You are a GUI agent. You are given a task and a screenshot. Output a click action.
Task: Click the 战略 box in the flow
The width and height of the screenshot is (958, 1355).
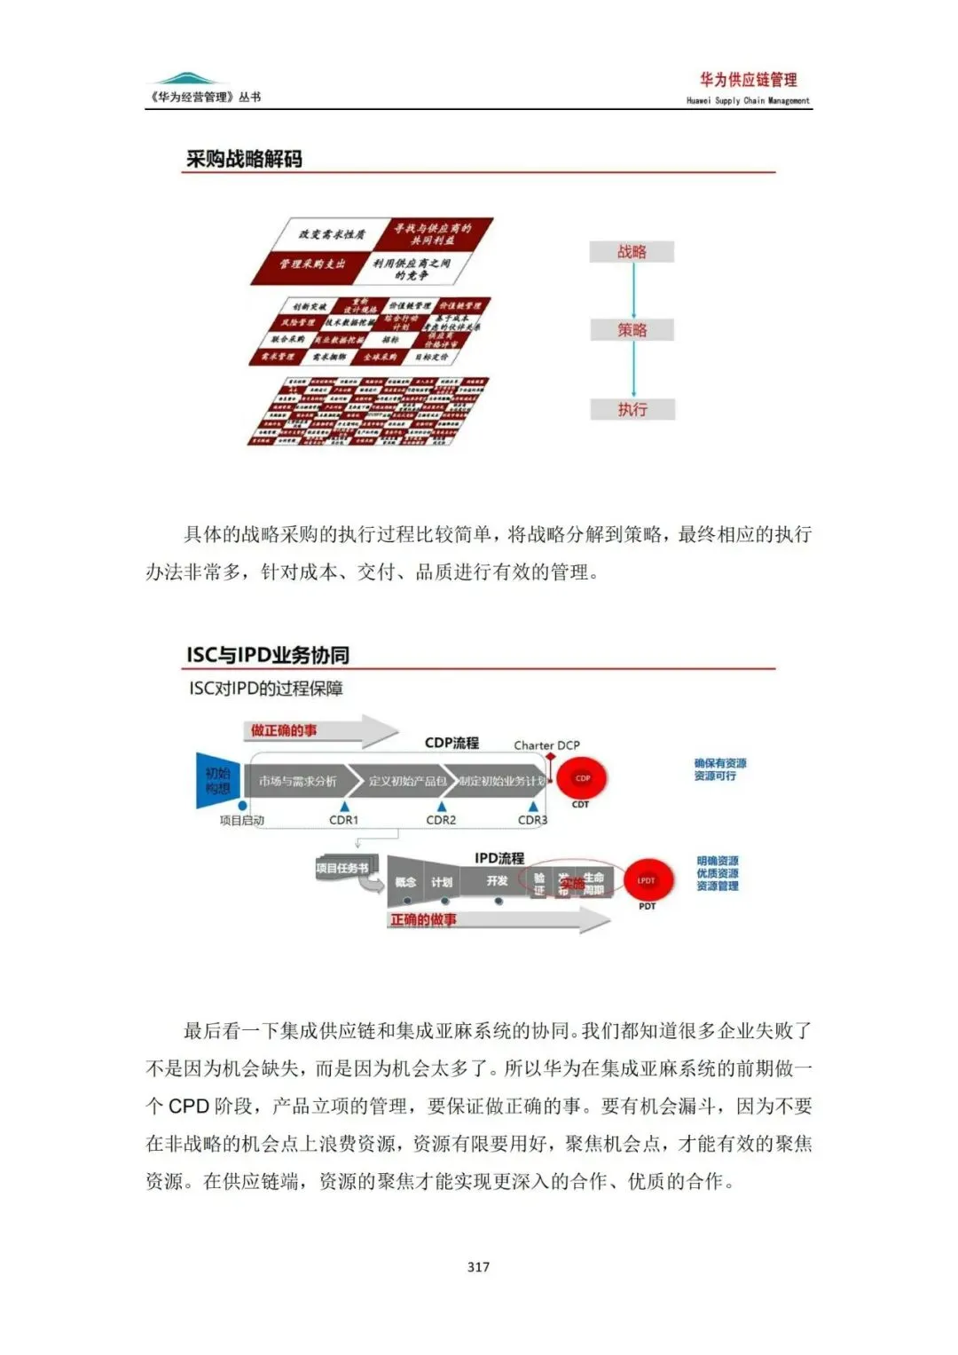[x=632, y=252]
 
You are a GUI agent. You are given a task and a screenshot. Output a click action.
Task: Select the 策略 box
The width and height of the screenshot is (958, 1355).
[x=632, y=330]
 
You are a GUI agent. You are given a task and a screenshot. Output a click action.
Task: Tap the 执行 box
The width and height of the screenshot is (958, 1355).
[x=632, y=409]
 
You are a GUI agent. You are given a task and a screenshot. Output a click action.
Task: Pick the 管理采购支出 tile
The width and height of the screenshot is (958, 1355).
[x=312, y=264]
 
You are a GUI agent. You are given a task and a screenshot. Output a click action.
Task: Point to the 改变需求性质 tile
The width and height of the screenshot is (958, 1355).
[x=332, y=234]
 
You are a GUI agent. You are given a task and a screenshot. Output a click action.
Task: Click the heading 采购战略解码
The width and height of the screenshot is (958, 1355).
[x=244, y=159]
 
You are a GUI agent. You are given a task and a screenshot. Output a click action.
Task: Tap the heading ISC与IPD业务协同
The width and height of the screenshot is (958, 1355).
[x=268, y=655]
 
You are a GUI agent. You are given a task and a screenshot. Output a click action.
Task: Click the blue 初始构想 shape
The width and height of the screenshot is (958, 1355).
[x=218, y=780]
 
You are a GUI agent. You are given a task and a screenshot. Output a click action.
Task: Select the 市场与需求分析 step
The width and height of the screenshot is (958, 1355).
[x=298, y=781]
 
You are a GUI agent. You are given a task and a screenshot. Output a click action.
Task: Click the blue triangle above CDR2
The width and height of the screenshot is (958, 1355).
[x=442, y=807]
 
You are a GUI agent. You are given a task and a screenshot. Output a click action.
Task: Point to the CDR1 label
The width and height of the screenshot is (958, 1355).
[x=343, y=820]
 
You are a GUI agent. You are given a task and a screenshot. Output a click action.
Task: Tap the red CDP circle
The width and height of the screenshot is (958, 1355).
[x=582, y=778]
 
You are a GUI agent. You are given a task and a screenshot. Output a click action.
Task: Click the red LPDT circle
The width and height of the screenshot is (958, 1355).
[x=646, y=880]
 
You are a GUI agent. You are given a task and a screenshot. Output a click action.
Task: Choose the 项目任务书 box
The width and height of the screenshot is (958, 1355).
[x=342, y=868]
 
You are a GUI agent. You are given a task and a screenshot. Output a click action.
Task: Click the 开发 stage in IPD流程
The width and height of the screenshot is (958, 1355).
[x=497, y=881]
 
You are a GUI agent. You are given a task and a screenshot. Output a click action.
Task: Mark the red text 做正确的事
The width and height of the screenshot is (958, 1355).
[x=283, y=730]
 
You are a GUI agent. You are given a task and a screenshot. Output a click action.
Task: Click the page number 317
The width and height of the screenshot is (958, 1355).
[x=478, y=1266]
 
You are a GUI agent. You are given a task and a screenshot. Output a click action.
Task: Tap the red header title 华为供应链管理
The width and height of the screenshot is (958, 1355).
[x=748, y=80]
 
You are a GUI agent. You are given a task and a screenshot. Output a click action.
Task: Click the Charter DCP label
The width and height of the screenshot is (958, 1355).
[x=546, y=745]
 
